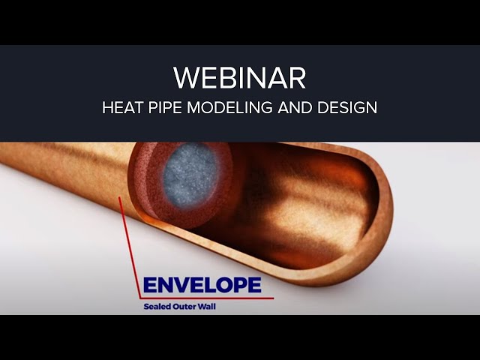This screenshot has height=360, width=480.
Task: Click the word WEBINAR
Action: click(240, 78)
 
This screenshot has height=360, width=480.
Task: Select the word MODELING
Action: click(230, 107)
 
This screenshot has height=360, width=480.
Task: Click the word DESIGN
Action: click(347, 107)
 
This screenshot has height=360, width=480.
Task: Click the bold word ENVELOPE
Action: click(202, 285)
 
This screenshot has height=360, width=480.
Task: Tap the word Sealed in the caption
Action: click(157, 306)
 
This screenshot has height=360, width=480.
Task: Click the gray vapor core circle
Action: click(190, 174)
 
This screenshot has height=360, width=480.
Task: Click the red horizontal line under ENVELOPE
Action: click(207, 298)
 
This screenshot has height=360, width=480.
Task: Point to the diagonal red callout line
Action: click(130, 247)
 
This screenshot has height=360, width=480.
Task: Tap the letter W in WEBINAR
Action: click(187, 78)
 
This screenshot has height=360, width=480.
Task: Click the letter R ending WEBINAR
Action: click(297, 78)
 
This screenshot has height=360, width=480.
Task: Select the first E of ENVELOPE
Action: click(149, 285)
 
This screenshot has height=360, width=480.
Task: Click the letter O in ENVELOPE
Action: click(226, 285)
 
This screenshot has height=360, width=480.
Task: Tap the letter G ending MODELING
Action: click(266, 107)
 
